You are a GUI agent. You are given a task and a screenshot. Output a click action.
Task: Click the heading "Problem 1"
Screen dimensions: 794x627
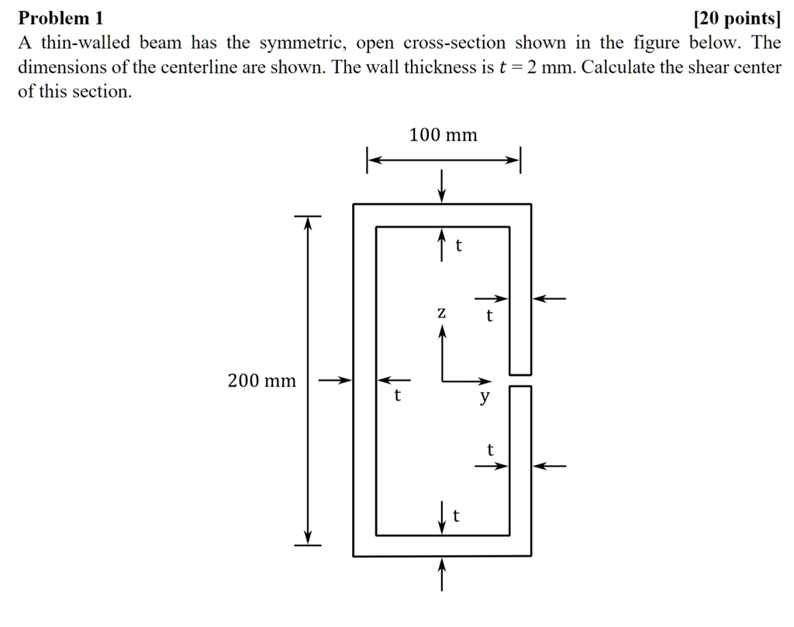pos(60,19)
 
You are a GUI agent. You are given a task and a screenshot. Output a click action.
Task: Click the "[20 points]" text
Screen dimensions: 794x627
pos(737,19)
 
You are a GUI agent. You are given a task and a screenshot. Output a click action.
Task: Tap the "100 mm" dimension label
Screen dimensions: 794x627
pos(443,135)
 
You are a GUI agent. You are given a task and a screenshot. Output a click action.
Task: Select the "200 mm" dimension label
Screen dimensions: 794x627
pos(262,381)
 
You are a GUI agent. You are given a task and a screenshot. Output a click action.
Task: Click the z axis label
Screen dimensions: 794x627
pos(441,313)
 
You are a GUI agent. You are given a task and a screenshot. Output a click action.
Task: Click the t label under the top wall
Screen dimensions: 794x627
pos(459,246)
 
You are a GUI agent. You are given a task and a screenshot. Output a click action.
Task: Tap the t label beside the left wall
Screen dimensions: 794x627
pos(398,395)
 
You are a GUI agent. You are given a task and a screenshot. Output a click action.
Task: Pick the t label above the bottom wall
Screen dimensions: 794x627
pos(456,515)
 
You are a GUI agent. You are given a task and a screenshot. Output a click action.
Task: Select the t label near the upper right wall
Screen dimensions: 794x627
pos(489,315)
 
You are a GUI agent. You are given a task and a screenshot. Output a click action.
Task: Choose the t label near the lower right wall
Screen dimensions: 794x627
pos(490,450)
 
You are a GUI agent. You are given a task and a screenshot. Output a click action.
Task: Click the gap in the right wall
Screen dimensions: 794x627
pos(520,381)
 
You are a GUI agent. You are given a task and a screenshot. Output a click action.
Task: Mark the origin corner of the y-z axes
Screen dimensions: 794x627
pos(442,381)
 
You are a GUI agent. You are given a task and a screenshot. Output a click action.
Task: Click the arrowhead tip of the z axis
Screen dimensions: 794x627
pos(442,325)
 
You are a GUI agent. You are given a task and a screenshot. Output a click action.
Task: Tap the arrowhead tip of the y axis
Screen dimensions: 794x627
pos(492,381)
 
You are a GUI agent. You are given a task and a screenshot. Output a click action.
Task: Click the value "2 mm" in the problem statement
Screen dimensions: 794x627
pos(551,67)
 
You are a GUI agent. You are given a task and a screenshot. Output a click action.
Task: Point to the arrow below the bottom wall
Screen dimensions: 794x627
pos(442,574)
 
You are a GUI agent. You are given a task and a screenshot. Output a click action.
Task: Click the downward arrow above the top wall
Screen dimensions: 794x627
pos(442,186)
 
